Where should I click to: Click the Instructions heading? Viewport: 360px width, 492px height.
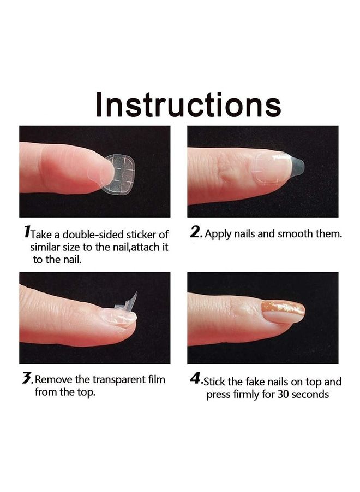188,105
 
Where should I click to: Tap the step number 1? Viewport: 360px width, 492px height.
27,232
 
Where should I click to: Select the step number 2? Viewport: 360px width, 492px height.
195,232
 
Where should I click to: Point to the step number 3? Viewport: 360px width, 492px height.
27,378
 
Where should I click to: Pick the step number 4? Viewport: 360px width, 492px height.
195,379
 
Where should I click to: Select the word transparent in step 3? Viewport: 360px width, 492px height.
120,380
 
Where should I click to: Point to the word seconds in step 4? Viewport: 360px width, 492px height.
310,394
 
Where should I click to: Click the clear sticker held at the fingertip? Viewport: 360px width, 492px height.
118,174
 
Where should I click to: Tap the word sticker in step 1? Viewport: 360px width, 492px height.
142,235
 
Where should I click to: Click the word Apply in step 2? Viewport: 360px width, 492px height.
218,235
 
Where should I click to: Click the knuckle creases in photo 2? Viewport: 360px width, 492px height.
228,170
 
